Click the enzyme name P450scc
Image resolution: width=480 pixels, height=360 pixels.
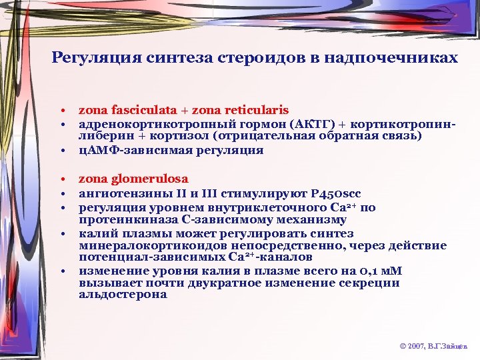click(x=337, y=193)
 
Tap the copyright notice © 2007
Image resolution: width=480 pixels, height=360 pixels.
click(x=413, y=347)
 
